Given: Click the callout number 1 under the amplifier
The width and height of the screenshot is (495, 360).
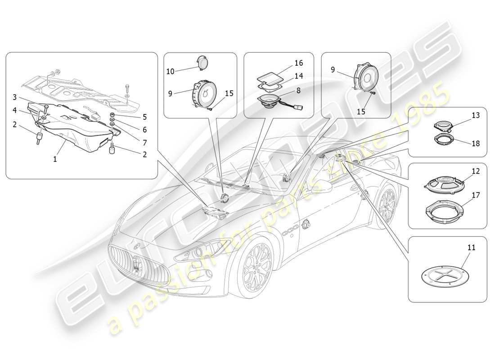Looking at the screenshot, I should [55, 159].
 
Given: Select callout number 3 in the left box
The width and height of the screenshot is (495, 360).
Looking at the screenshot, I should [14, 97].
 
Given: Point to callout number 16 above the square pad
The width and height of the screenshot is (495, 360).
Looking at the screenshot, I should [298, 63].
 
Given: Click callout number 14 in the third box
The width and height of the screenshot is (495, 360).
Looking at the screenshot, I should [298, 76].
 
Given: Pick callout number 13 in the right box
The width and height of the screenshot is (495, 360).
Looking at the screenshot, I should [476, 115].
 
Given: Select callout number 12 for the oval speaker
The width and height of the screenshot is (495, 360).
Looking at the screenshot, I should [476, 171].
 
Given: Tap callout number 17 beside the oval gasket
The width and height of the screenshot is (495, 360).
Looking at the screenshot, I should [476, 195].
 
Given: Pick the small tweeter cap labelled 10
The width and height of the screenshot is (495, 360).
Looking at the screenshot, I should [203, 62].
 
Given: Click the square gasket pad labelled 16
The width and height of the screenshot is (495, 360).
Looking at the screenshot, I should [266, 74].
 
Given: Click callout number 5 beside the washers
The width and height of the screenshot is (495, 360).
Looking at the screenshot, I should [144, 117].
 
